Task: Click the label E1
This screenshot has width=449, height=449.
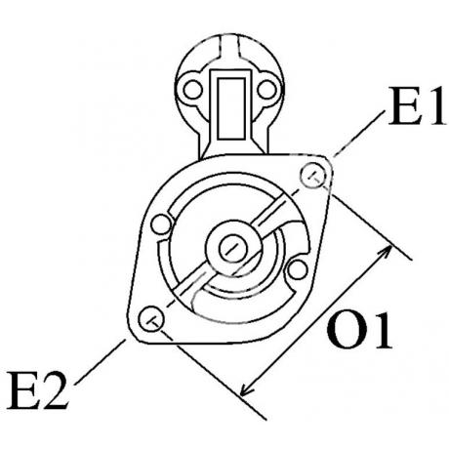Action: [416, 106]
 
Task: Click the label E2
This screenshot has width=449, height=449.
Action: [38, 389]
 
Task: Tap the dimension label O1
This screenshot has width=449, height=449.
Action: [359, 330]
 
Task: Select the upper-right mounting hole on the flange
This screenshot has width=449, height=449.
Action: [313, 176]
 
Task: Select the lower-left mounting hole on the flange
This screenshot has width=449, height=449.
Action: [151, 318]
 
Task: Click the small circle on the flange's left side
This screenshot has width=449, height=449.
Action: [161, 224]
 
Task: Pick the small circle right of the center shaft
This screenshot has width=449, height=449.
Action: [298, 269]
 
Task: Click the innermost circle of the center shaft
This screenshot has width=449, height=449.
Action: [233, 248]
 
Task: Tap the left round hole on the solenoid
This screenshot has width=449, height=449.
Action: [192, 90]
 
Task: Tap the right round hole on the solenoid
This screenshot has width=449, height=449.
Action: [266, 90]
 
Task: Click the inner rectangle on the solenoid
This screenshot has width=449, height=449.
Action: [231, 108]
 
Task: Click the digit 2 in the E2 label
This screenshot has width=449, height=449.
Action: [55, 389]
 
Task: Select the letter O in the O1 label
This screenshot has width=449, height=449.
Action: [346, 330]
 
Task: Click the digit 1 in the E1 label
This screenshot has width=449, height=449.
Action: [433, 106]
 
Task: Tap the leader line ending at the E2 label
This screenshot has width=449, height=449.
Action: [100, 362]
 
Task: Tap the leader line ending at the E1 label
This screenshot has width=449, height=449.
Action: [357, 134]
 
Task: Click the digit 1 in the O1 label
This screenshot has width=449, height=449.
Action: [382, 330]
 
